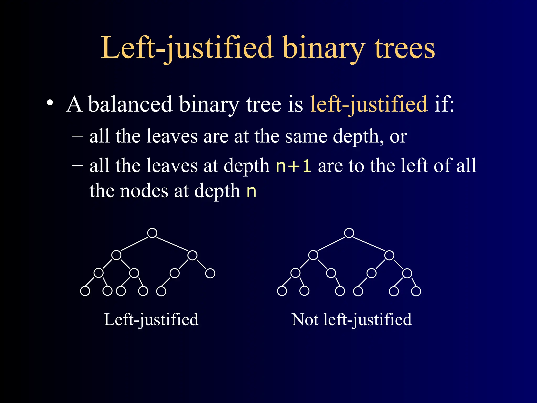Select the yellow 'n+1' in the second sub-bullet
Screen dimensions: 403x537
(293, 166)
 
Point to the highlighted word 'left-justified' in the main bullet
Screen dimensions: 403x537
(369, 104)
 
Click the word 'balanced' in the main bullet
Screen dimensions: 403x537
(130, 104)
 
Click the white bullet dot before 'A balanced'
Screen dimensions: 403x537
(50, 103)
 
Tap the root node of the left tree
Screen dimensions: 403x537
(152, 233)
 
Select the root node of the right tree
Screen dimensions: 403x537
(349, 233)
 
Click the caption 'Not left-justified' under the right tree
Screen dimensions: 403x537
(352, 320)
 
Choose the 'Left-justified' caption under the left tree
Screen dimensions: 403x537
(151, 320)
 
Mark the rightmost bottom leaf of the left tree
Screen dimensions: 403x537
(161, 291)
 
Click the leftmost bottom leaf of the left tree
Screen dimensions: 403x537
(85, 291)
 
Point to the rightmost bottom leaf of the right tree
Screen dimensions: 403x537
(416, 291)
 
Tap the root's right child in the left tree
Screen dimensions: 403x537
(192, 255)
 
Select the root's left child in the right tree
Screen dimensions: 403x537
(313, 255)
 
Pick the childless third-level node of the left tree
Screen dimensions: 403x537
(210, 273)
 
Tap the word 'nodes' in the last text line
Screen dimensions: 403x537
(144, 191)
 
